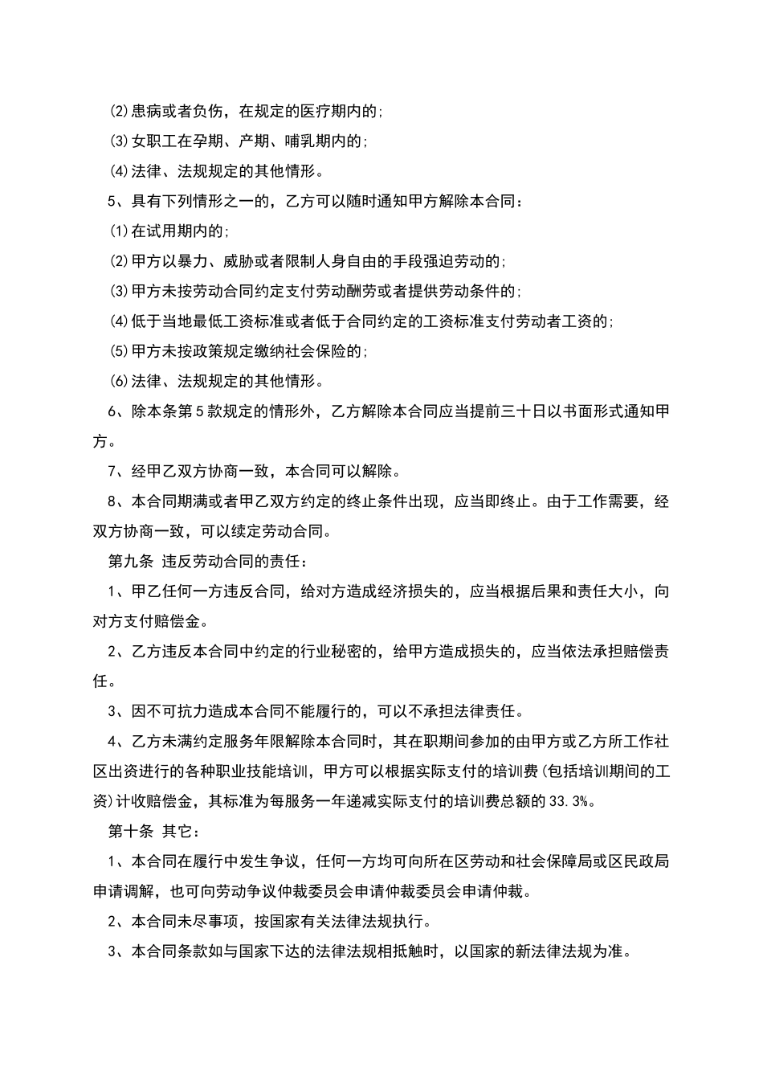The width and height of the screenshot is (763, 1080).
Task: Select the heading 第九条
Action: [x=130, y=562]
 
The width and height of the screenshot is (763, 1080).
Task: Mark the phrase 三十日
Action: [x=524, y=412]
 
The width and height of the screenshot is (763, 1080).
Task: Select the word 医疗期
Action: [x=322, y=112]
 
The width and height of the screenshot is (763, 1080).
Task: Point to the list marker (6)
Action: [x=119, y=381]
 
